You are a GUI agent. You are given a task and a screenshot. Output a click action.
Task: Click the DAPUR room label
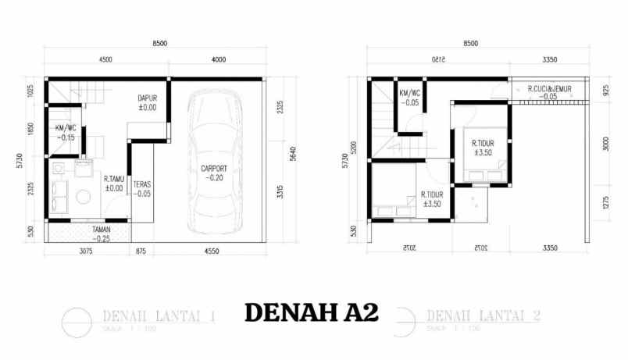coord(148,98)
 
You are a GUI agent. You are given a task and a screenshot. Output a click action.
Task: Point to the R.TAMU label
coord(114,179)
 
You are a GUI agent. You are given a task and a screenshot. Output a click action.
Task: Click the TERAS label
coord(141,185)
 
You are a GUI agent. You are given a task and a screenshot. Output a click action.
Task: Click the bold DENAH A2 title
coord(311,312)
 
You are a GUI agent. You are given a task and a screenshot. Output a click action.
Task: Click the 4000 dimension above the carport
coord(218,60)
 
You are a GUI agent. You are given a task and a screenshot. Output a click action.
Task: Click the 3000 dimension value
coord(607,144)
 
